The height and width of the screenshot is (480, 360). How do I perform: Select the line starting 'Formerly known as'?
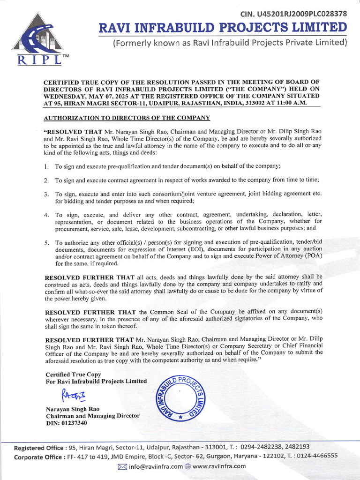pyautogui.click(x=230, y=43)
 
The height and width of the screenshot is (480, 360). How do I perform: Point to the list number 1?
pyautogui.click(x=46, y=166)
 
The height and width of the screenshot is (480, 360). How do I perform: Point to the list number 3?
pyautogui.click(x=46, y=194)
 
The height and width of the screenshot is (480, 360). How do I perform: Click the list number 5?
pyautogui.click(x=46, y=243)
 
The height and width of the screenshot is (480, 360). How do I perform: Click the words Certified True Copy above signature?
pyautogui.click(x=73, y=375)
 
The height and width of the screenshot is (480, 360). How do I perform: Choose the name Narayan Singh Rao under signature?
pyautogui.click(x=72, y=409)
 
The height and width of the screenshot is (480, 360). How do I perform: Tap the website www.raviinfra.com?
pyautogui.click(x=218, y=466)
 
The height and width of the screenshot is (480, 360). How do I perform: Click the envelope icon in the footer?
pyautogui.click(x=122, y=466)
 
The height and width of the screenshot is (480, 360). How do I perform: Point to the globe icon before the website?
pyautogui.click(x=187, y=466)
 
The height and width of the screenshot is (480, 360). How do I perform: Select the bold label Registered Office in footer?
pyautogui.click(x=40, y=447)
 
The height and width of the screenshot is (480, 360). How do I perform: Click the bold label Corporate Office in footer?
pyautogui.click(x=39, y=457)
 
